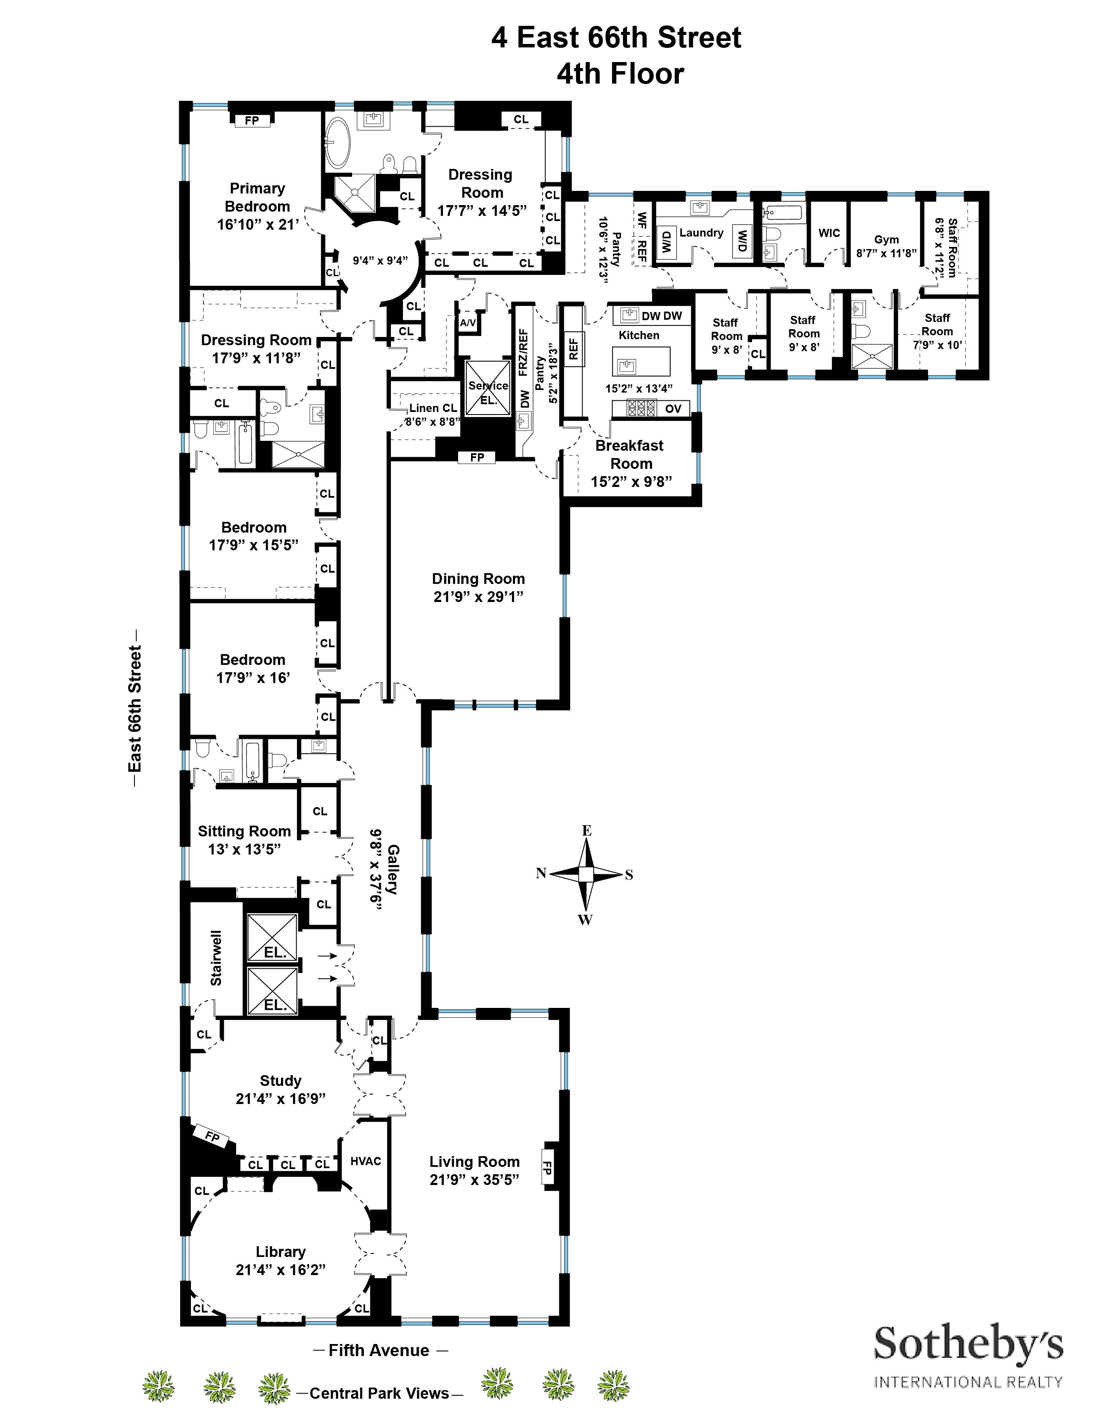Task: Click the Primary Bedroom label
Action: click(x=257, y=197)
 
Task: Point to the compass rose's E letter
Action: click(x=586, y=830)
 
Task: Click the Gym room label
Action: click(x=886, y=240)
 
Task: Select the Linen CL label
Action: click(x=433, y=408)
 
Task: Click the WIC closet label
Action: click(x=829, y=233)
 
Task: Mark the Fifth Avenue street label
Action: click(x=379, y=1350)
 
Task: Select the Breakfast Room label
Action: click(x=630, y=455)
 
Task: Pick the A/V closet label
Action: click(x=468, y=323)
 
